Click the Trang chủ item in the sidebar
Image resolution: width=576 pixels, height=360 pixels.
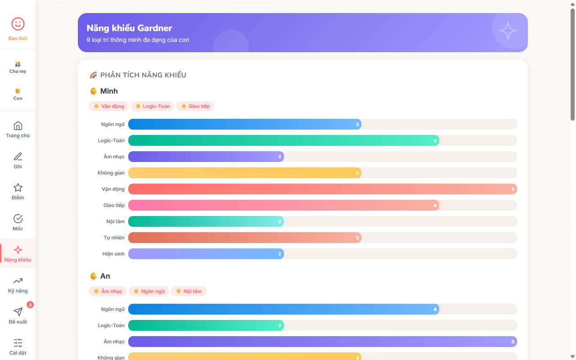[x=18, y=129]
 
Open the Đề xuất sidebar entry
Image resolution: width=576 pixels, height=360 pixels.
[x=18, y=315]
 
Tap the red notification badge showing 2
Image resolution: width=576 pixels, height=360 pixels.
[x=30, y=305]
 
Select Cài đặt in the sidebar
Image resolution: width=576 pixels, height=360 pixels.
[x=18, y=346]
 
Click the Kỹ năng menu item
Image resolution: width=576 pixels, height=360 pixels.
[x=18, y=284]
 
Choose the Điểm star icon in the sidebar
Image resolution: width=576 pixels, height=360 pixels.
[x=18, y=188]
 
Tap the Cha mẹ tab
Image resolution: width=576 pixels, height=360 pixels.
[x=18, y=67]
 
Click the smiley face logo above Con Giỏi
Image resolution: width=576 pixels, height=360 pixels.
[x=18, y=24]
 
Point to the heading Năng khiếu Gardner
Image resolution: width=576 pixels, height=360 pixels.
[x=130, y=28]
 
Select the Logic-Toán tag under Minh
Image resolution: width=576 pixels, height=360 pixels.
[x=152, y=106]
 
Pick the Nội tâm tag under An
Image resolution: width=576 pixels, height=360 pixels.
[x=189, y=291]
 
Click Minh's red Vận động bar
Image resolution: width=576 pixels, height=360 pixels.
[x=322, y=189]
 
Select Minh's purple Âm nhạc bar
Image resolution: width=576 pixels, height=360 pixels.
[x=206, y=157]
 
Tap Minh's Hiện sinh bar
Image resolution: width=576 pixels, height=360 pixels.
[x=206, y=254]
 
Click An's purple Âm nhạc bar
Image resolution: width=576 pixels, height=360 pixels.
[x=322, y=342]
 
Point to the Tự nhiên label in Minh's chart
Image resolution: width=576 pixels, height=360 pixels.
[x=114, y=238]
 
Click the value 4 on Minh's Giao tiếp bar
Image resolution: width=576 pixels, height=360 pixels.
[x=435, y=205]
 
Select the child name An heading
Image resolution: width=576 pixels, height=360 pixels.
[x=105, y=276]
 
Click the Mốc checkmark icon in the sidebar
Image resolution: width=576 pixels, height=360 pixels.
[x=18, y=219]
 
